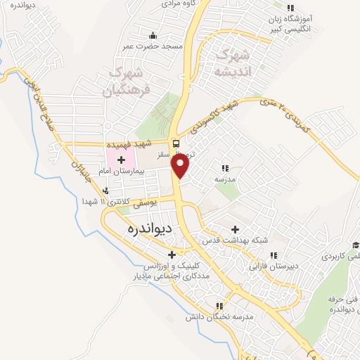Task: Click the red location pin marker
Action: pyautogui.click(x=181, y=166)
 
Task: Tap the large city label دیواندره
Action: pyautogui.click(x=153, y=230)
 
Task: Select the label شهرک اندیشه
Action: pyautogui.click(x=231, y=62)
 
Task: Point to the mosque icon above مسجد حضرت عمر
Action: pyautogui.click(x=152, y=35)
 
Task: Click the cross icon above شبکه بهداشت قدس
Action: pyautogui.click(x=235, y=229)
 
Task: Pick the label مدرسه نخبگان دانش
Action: pyautogui.click(x=219, y=317)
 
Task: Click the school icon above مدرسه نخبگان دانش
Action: pyautogui.click(x=219, y=306)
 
